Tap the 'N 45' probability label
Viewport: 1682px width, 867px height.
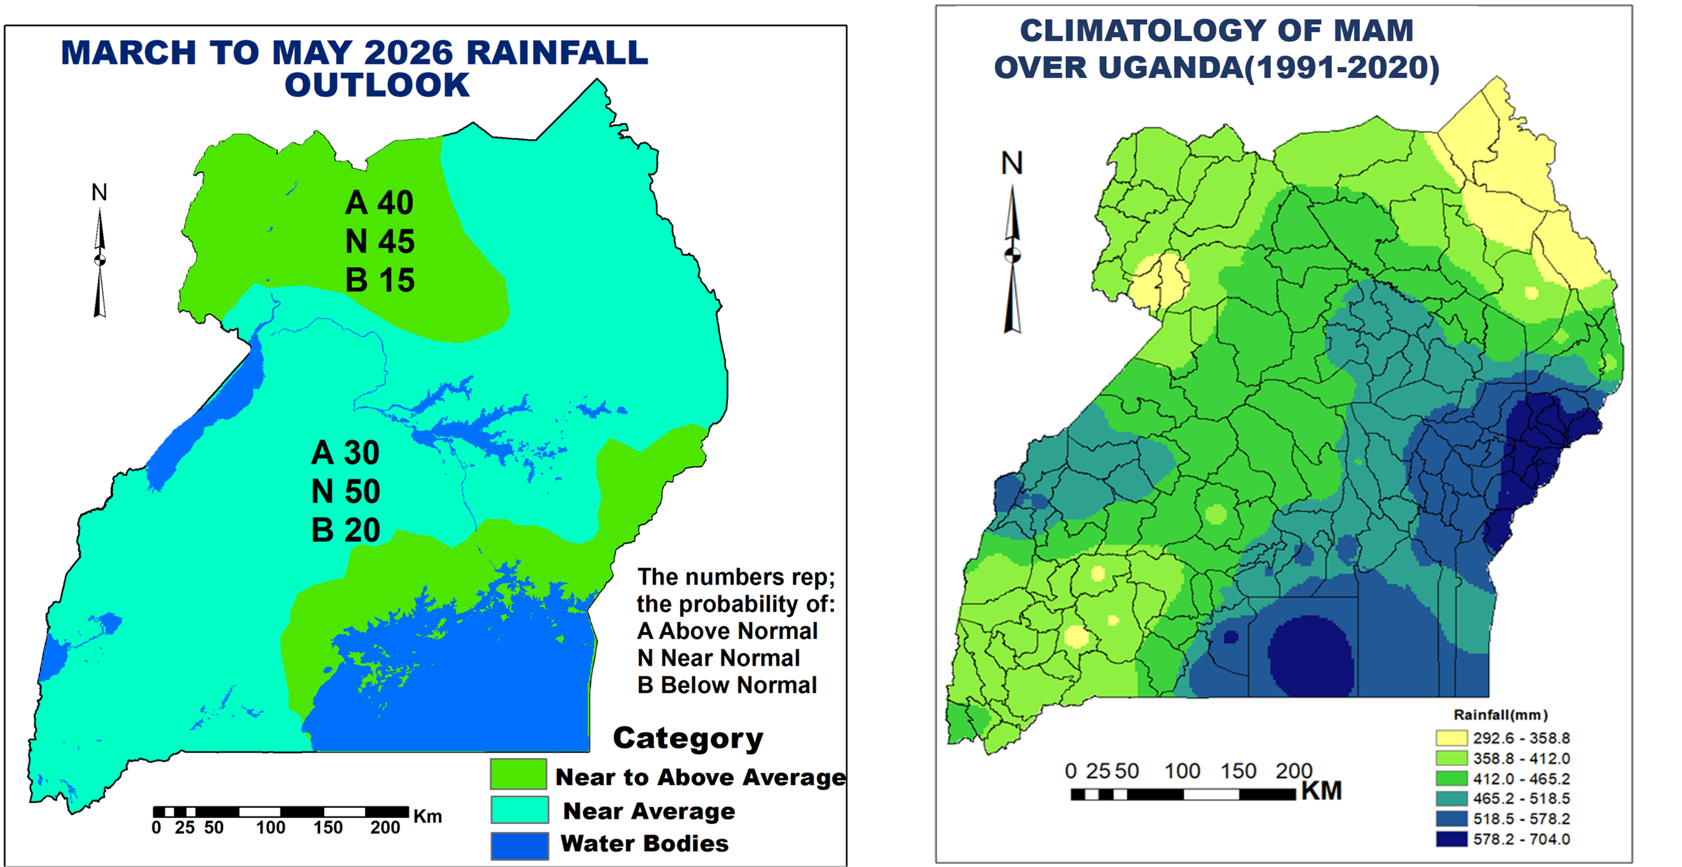click(380, 241)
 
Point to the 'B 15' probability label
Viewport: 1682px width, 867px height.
click(380, 280)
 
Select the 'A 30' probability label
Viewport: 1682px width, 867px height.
click(345, 453)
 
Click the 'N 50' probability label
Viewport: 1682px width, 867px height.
click(345, 492)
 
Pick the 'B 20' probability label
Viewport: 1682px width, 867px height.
click(345, 530)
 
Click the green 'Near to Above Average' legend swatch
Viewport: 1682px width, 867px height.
click(518, 774)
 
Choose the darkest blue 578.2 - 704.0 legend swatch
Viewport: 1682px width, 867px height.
click(1451, 839)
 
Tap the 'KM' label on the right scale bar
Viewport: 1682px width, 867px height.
click(1322, 791)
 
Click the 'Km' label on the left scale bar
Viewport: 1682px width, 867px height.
click(427, 816)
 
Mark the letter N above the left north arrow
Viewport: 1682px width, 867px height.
click(99, 193)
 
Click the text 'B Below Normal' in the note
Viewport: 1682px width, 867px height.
click(727, 685)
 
